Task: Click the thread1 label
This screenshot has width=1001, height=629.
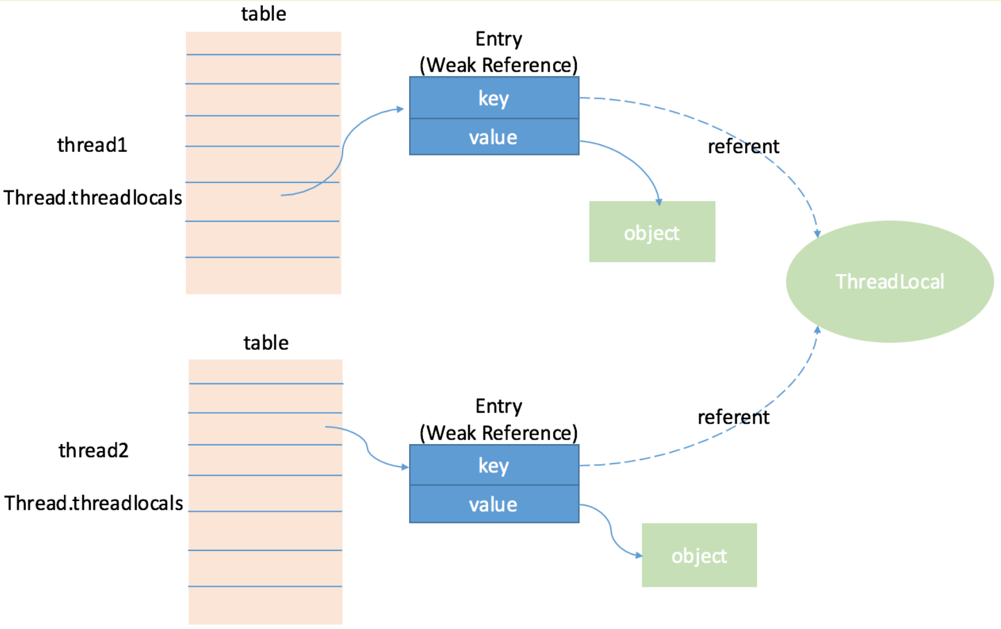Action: pos(92,145)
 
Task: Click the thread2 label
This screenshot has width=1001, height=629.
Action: pos(93,450)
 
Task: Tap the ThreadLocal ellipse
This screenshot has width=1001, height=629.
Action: pos(890,282)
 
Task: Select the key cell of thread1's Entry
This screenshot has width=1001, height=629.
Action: pos(494,98)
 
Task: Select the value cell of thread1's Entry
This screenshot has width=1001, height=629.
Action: pos(494,137)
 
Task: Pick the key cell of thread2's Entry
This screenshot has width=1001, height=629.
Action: pos(494,465)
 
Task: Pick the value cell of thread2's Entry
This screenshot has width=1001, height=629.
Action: pos(494,505)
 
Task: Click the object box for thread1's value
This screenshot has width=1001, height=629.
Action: pos(652,231)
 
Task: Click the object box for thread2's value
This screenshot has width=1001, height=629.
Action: pos(699,555)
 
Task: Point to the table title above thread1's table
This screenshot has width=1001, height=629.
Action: pos(263,14)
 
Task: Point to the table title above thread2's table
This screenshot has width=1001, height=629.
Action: pos(266,343)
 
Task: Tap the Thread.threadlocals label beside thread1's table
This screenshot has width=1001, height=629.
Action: pos(93,198)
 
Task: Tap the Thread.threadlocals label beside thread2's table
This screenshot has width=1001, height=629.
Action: pos(93,503)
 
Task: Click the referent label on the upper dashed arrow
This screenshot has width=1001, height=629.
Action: pos(743,147)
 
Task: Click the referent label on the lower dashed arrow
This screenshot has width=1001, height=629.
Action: pos(733,417)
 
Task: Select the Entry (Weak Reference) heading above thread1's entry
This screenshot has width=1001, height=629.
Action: pos(499,52)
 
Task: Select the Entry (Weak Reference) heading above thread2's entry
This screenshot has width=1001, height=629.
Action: pos(499,420)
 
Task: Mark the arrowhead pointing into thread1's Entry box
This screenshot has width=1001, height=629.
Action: pos(400,109)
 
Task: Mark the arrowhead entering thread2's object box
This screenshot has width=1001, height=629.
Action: pos(638,555)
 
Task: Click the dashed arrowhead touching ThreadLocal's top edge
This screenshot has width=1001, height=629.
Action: pos(817,234)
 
